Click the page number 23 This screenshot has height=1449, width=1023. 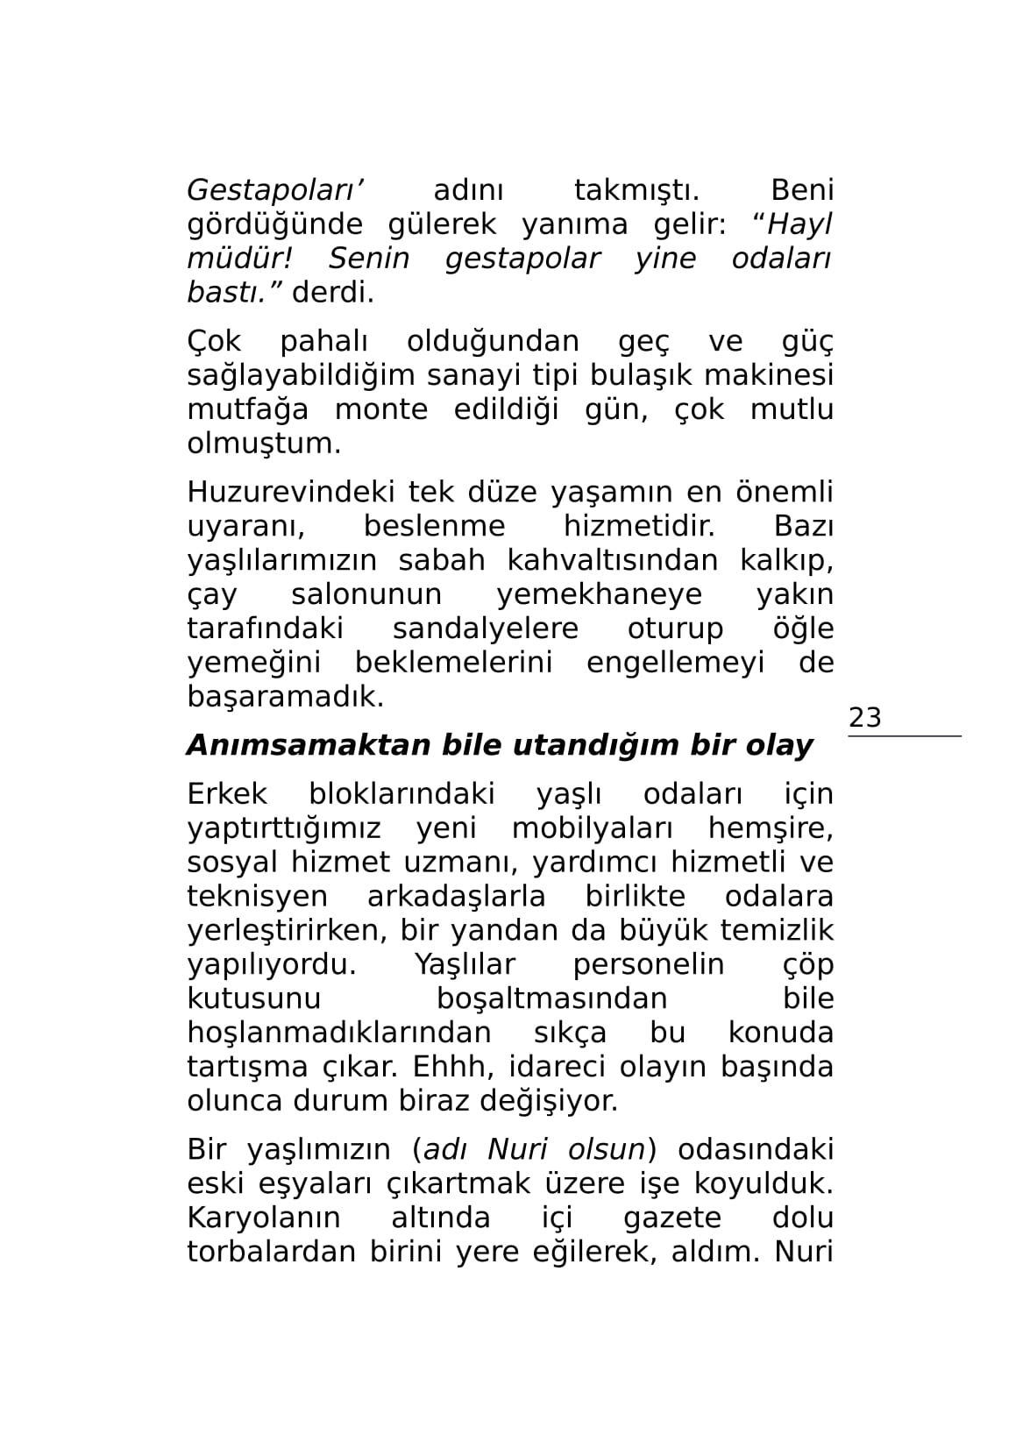(x=864, y=718)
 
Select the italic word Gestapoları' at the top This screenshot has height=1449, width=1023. (x=275, y=190)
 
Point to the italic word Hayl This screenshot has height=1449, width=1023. (x=799, y=224)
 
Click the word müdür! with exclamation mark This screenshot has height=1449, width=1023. (x=239, y=259)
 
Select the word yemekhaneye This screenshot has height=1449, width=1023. (x=600, y=594)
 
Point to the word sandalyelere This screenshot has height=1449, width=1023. (x=486, y=629)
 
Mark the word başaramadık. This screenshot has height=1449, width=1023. (x=285, y=697)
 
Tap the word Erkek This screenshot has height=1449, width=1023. (x=227, y=793)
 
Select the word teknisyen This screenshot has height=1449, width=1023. (x=257, y=896)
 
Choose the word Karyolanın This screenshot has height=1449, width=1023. (x=264, y=1218)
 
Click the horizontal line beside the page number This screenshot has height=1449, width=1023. (x=904, y=736)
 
